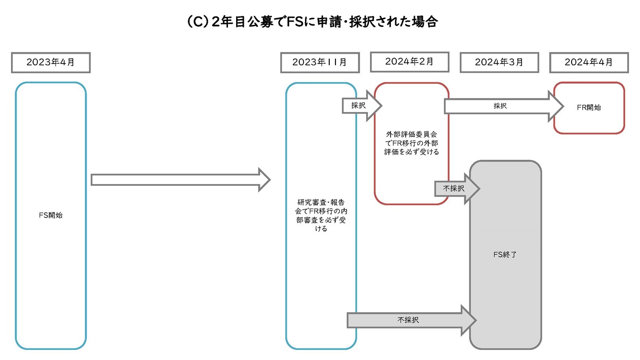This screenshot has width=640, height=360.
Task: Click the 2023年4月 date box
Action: (x=51, y=63)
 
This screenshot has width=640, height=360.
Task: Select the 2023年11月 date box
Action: (x=320, y=63)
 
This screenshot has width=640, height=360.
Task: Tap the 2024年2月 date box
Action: (x=410, y=62)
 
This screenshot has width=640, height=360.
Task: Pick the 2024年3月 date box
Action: (x=499, y=63)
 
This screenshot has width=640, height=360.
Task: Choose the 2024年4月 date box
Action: (x=589, y=63)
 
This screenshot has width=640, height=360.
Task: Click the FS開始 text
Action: (x=51, y=215)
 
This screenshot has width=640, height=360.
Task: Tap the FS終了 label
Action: (x=505, y=254)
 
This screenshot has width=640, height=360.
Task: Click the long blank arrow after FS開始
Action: (x=181, y=180)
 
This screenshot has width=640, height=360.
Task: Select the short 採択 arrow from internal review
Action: (x=362, y=106)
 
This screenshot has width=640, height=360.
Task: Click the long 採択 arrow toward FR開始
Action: (x=504, y=106)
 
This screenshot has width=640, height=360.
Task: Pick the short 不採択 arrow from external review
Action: (x=457, y=188)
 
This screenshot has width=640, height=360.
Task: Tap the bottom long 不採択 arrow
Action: (x=412, y=320)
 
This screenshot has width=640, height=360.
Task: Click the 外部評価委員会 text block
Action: (x=412, y=143)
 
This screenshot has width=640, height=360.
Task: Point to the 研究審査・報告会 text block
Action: (x=321, y=216)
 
